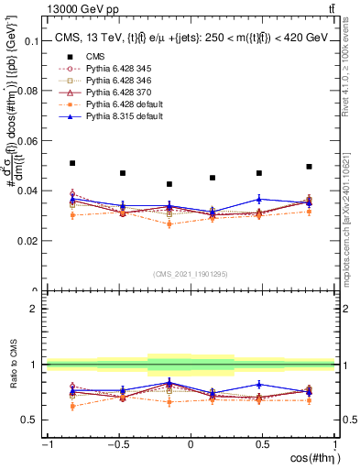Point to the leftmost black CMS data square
tap(72, 163)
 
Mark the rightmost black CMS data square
tap(309, 167)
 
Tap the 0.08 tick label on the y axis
tap(28, 92)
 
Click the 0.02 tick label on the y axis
tap(28, 241)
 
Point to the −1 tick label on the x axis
tap(46, 443)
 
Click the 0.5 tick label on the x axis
tap(262, 443)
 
